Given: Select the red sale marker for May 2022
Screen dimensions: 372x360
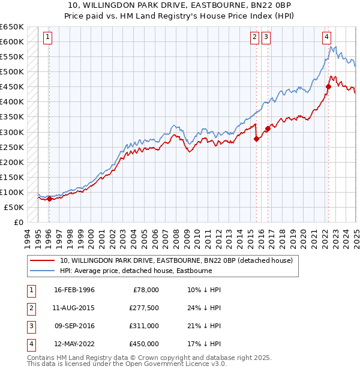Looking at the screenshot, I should pyautogui.click(x=328, y=86).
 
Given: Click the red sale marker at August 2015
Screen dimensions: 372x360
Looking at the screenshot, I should pyautogui.click(x=257, y=139).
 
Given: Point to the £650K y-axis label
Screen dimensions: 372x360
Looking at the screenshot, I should pyautogui.click(x=11, y=27).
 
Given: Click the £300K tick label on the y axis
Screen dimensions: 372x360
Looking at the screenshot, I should pyautogui.click(x=11, y=132).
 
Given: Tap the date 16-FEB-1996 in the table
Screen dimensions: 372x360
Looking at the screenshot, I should pyautogui.click(x=74, y=290).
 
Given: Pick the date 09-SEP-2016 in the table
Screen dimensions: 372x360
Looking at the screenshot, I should pyautogui.click(x=74, y=326).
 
